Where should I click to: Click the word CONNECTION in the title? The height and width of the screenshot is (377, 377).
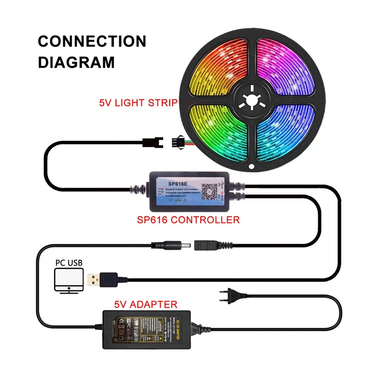pos(92,41)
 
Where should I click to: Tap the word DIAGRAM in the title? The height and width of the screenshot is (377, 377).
pos(76,62)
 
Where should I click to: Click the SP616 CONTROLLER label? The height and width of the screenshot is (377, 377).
pos(189,219)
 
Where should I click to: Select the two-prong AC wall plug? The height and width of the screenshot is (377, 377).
pos(227,296)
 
